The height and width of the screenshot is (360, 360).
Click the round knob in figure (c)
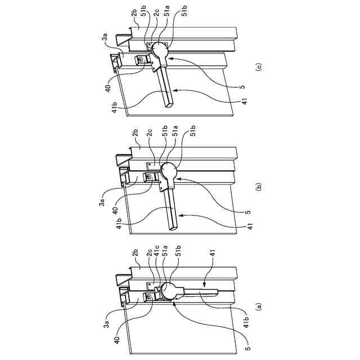click(x=159, y=50)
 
